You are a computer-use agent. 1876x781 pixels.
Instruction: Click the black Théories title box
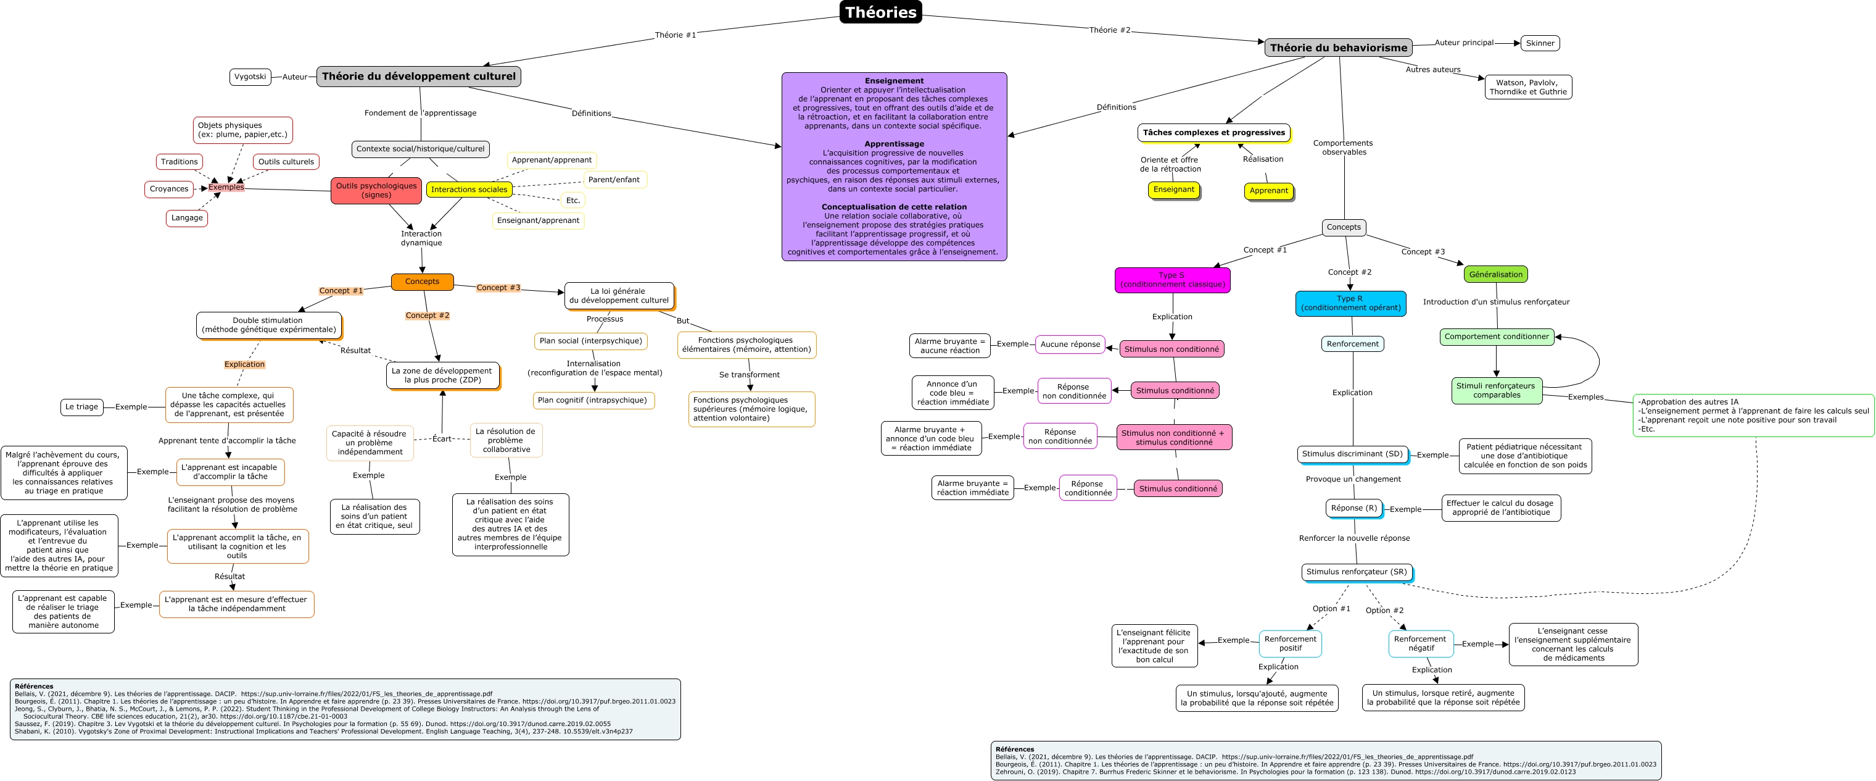click(x=880, y=12)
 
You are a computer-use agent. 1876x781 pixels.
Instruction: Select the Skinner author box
click(x=1540, y=43)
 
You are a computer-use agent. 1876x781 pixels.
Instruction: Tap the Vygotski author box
click(x=250, y=77)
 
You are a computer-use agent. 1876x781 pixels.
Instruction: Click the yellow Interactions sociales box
click(x=469, y=190)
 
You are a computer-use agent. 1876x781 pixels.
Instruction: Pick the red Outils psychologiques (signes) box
click(x=376, y=190)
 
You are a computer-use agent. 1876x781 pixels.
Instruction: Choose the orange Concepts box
click(x=423, y=281)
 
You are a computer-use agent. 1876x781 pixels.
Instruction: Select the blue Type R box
click(x=1350, y=303)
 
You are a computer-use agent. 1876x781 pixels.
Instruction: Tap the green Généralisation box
click(x=1495, y=275)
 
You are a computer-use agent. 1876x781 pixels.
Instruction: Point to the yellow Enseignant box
click(x=1173, y=190)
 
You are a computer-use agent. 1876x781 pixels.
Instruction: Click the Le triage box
click(x=81, y=406)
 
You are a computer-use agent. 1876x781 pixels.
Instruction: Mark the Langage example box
click(x=186, y=218)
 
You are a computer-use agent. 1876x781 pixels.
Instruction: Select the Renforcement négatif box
click(x=1420, y=643)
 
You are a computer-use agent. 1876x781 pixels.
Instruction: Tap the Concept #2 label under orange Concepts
click(x=428, y=315)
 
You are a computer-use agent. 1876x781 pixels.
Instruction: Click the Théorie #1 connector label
click(x=675, y=35)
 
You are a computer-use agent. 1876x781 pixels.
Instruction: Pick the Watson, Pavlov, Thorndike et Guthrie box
click(x=1528, y=86)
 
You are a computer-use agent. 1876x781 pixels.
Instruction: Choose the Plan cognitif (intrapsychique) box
click(x=592, y=400)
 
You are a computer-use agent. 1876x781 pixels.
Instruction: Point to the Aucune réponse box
click(x=1070, y=344)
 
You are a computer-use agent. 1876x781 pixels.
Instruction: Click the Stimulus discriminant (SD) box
click(x=1352, y=454)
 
